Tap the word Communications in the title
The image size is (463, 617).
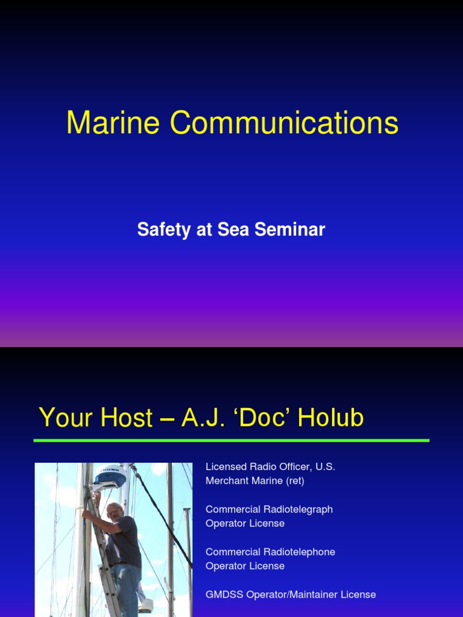[284, 123]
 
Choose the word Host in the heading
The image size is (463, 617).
[125, 418]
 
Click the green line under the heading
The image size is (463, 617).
[231, 440]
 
